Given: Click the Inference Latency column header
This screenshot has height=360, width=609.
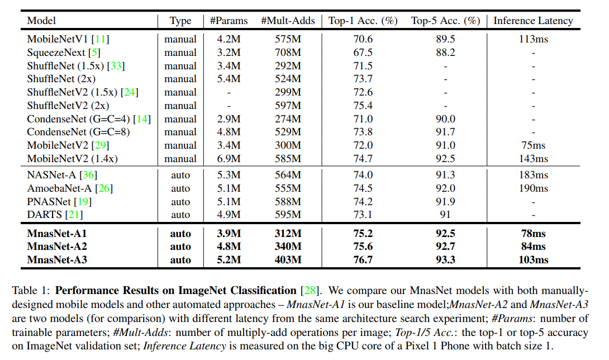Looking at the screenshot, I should point(533,21).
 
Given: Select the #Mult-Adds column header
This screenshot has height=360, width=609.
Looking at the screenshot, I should point(288,21).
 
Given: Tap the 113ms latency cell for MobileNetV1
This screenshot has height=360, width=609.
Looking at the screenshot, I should point(533,39).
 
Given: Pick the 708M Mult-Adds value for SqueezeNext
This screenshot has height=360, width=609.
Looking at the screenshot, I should point(288,53).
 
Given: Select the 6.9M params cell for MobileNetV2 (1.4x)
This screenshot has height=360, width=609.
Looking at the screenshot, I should point(229,159).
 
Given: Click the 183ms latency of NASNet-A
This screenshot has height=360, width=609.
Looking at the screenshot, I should point(533,175).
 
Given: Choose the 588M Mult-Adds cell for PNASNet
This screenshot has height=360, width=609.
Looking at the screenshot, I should point(288,202).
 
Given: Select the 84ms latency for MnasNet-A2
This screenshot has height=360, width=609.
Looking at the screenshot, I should point(533,247).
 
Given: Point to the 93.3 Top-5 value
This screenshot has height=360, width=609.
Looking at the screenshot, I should point(445,260).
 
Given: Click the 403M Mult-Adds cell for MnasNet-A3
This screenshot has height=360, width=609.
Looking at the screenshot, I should point(288,260).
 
